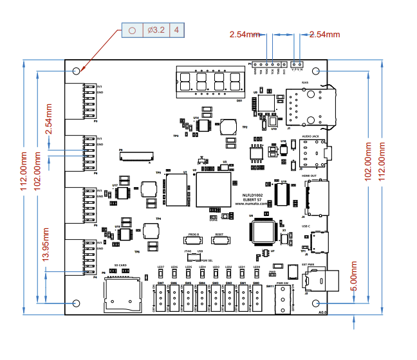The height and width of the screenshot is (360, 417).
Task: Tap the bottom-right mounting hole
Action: [316, 303]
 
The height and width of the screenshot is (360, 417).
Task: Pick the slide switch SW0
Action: [256, 298]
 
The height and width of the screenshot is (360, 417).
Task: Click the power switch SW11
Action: [281, 299]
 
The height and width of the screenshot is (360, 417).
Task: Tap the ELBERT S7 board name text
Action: [252, 198]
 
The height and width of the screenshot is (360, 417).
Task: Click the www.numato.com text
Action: [252, 203]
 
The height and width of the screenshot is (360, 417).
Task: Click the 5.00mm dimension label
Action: [353, 276]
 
